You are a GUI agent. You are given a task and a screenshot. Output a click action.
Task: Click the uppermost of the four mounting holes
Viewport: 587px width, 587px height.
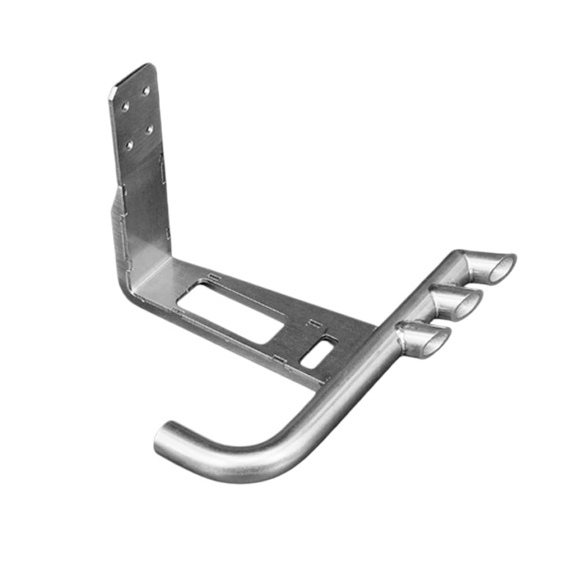coord(145,90)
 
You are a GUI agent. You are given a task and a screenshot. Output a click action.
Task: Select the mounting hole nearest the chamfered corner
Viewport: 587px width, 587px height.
coord(125,106)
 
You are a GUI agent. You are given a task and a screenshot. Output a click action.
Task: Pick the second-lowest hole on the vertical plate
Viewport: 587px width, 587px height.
coord(149,129)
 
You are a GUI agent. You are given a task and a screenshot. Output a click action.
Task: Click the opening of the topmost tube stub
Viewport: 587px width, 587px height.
coord(502,269)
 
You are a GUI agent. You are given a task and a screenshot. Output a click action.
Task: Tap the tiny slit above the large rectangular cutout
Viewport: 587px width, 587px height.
coord(214,277)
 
